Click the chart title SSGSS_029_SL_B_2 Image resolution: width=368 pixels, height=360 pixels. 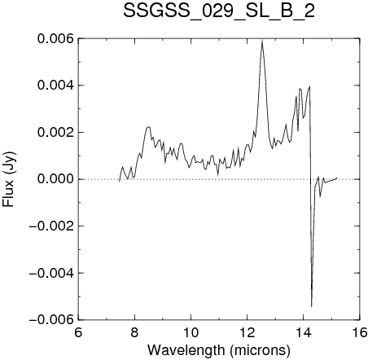[x=219, y=11]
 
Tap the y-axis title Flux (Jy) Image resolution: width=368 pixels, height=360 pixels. [x=9, y=179]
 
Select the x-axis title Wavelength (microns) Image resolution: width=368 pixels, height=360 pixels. [x=219, y=350]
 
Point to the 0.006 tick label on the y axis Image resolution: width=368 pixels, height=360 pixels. [x=55, y=39]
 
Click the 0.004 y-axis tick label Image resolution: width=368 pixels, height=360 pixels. [x=55, y=86]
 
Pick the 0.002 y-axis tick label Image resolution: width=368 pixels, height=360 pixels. [x=55, y=133]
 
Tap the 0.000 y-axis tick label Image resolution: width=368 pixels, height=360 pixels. [x=55, y=179]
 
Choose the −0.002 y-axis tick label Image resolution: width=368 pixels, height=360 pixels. [x=51, y=226]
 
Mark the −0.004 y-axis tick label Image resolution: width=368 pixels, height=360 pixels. [x=51, y=273]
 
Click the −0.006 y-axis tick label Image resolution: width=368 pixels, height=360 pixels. [x=51, y=319]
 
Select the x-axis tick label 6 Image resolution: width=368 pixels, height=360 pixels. [x=78, y=332]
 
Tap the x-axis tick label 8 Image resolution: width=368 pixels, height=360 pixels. [x=134, y=332]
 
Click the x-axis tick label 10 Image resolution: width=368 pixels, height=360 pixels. [x=191, y=332]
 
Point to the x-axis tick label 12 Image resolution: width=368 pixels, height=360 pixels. [x=248, y=332]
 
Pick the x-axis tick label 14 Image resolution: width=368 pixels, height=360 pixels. [x=304, y=332]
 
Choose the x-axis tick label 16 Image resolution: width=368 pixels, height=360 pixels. [x=360, y=332]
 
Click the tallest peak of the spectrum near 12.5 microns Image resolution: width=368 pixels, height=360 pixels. [x=262, y=41]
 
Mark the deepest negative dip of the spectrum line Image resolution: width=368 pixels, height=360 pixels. [x=312, y=306]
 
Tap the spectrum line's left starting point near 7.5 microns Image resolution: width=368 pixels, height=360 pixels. [x=119, y=182]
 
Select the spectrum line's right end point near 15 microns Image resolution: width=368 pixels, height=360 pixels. [x=337, y=178]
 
